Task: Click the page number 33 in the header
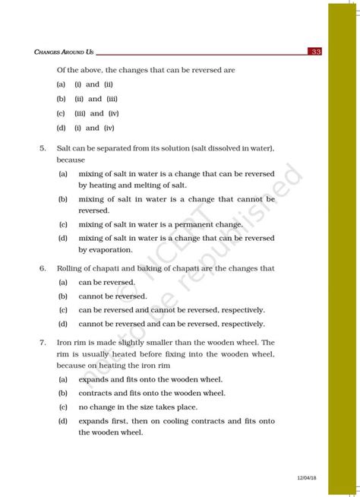click(x=316, y=52)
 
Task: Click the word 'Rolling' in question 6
click(x=71, y=268)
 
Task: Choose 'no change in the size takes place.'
click(x=139, y=407)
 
